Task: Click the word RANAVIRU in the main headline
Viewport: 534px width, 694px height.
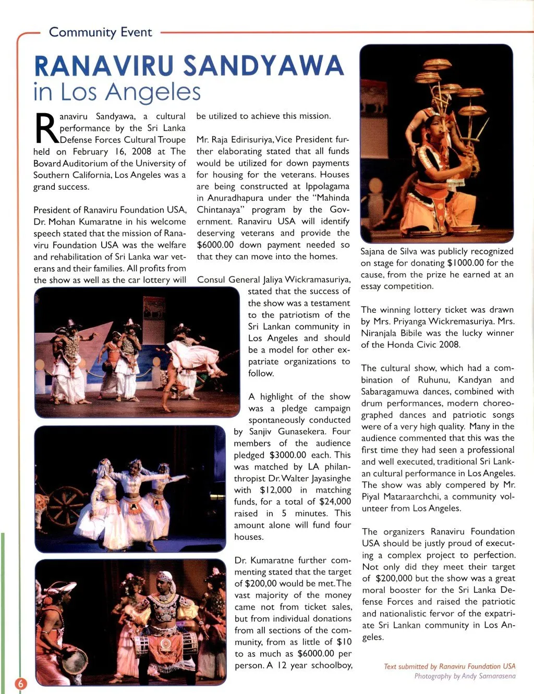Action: pyautogui.click(x=105, y=66)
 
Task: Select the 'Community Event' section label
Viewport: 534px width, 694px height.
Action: pyautogui.click(x=100, y=32)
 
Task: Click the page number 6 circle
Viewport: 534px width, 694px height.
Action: pyautogui.click(x=20, y=684)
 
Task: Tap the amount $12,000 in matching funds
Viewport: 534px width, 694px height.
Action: pyautogui.click(x=275, y=490)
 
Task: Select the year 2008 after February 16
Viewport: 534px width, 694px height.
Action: pyautogui.click(x=140, y=151)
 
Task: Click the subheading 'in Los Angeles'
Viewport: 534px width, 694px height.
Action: pyautogui.click(x=117, y=92)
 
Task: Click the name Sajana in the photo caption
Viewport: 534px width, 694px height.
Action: pyautogui.click(x=375, y=251)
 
